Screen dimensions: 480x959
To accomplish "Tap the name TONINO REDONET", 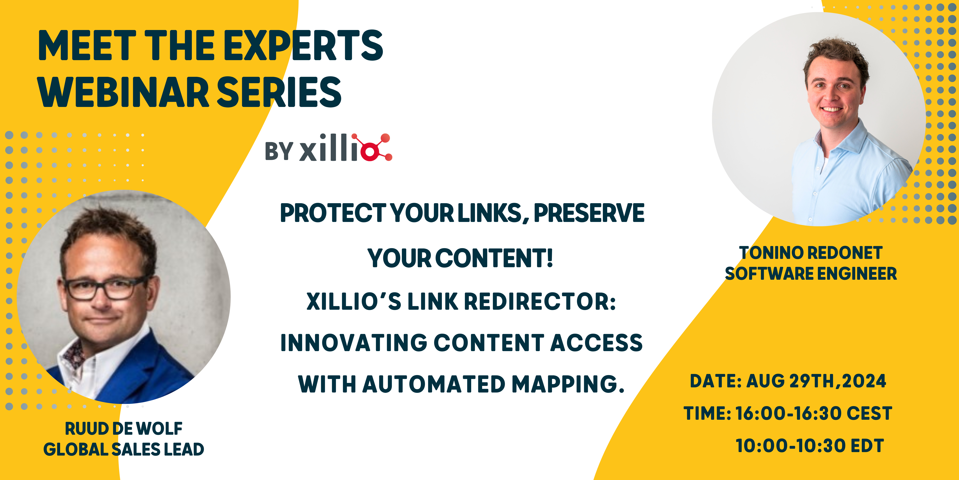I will pyautogui.click(x=811, y=253).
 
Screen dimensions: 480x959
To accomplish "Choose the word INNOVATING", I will pyautogui.click(x=354, y=343).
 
